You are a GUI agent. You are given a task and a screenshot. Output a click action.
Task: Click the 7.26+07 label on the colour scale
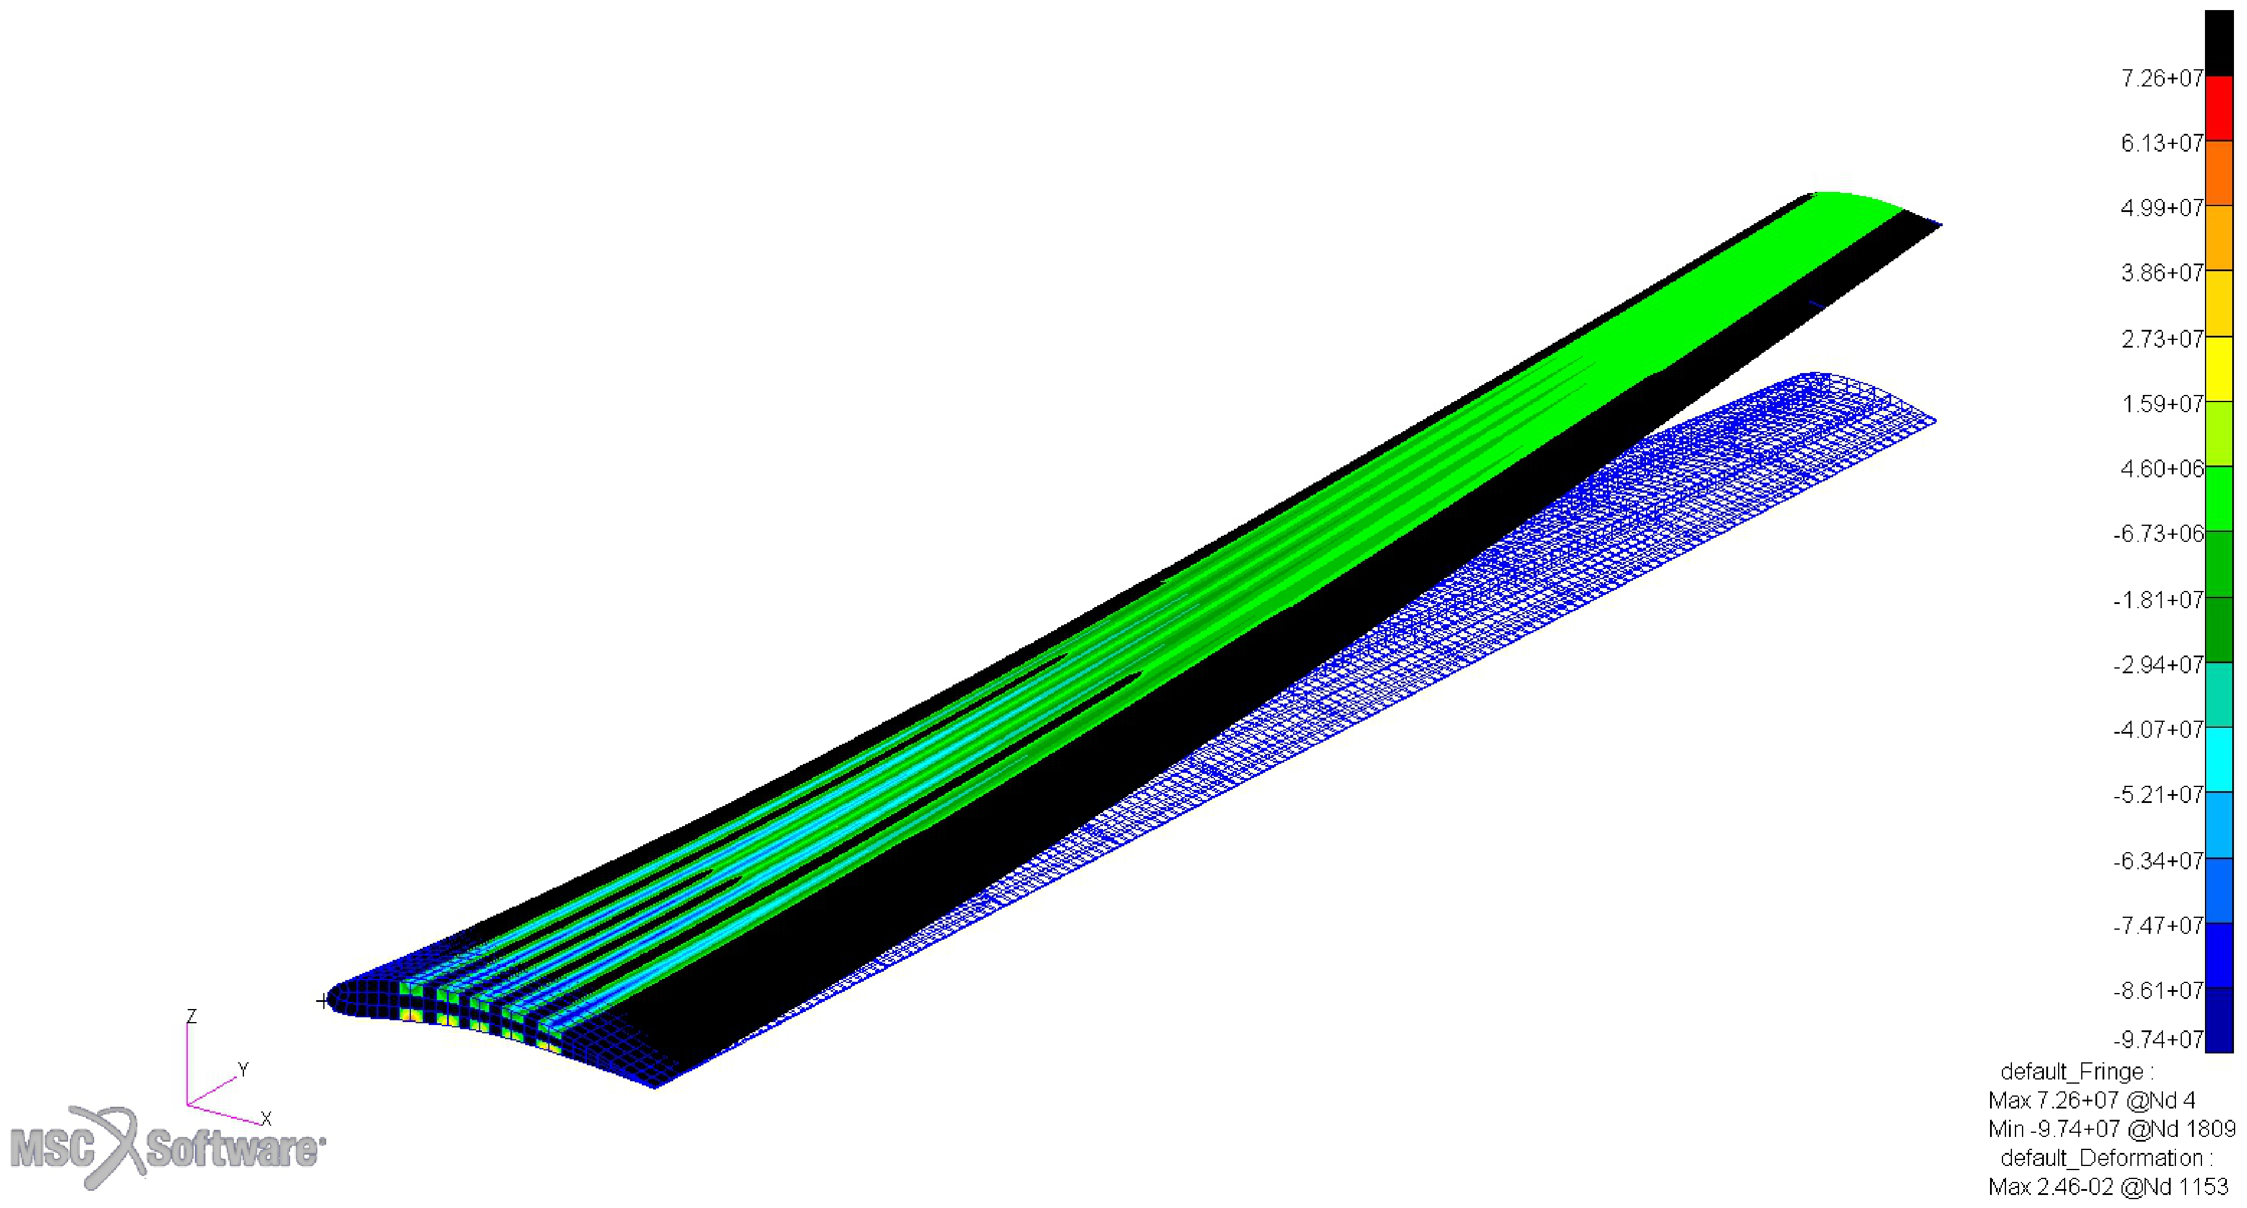(x=2162, y=79)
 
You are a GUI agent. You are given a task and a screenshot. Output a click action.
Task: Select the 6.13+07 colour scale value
(x=2162, y=143)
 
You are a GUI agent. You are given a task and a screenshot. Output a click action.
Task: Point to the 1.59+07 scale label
(x=2162, y=404)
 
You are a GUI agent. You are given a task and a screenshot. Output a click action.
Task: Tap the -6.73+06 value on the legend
(x=2159, y=533)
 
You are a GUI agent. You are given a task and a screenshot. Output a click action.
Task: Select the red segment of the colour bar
(x=2219, y=108)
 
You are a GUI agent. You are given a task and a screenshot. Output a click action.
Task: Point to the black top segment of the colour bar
(x=2219, y=44)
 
